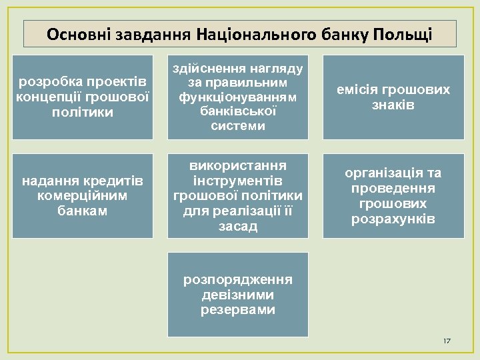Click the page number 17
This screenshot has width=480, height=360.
coord(447,341)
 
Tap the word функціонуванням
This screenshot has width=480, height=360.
coord(239,97)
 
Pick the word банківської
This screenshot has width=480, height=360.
coord(239,111)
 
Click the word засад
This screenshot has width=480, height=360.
coord(239,227)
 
